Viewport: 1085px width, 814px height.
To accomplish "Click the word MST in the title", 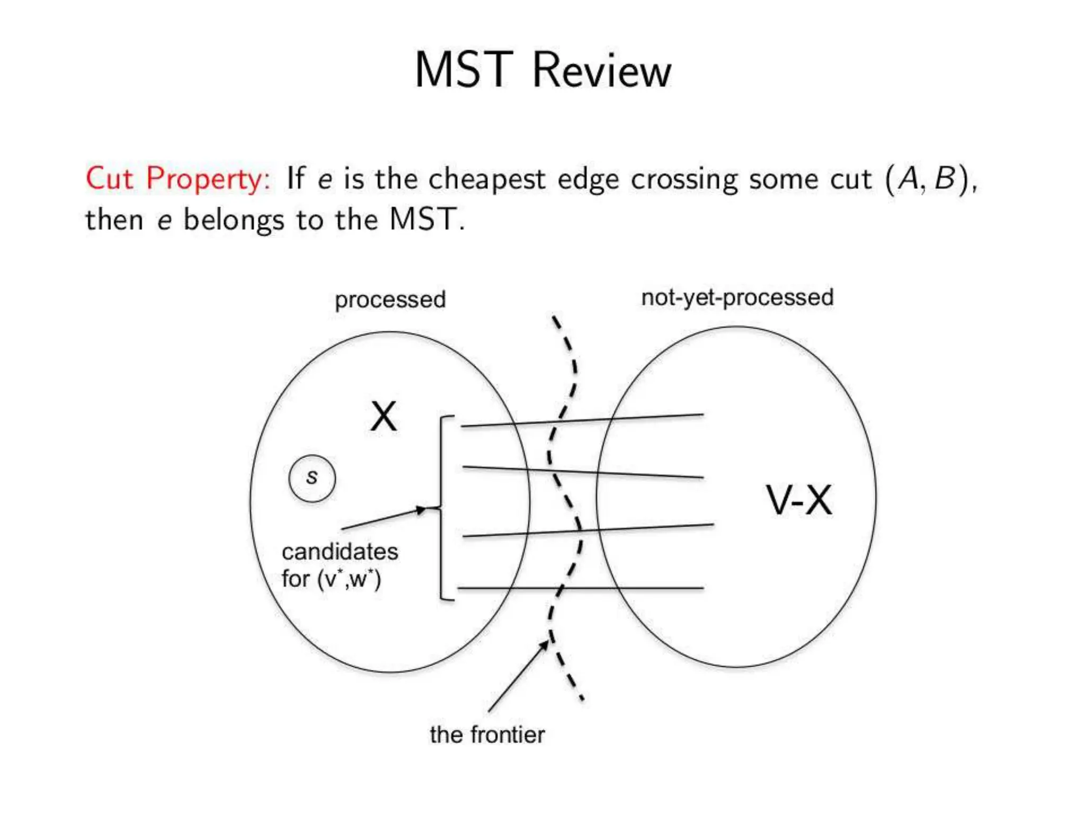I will (x=464, y=70).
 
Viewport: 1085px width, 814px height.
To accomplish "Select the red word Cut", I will (x=109, y=178).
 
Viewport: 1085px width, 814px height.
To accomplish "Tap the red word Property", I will (x=208, y=179).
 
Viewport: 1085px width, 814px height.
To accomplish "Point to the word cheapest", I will (x=486, y=179).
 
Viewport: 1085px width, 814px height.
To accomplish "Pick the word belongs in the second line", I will (x=234, y=220).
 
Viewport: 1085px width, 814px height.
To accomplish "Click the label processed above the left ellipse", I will (x=390, y=300).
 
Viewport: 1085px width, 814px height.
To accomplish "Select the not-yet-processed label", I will (x=737, y=298).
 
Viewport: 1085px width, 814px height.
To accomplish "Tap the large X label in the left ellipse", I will (x=384, y=417).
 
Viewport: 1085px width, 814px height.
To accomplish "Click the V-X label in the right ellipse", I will (x=799, y=500).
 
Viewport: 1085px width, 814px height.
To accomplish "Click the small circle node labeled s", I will (x=312, y=478).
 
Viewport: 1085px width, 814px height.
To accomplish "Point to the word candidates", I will (x=340, y=552).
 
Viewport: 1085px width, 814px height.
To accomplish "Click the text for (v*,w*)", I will (x=331, y=579).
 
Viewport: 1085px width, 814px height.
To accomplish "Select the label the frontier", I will (x=487, y=735).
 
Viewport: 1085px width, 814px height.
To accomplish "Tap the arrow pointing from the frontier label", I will (x=518, y=676).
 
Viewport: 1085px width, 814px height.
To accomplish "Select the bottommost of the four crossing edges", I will (x=580, y=588).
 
